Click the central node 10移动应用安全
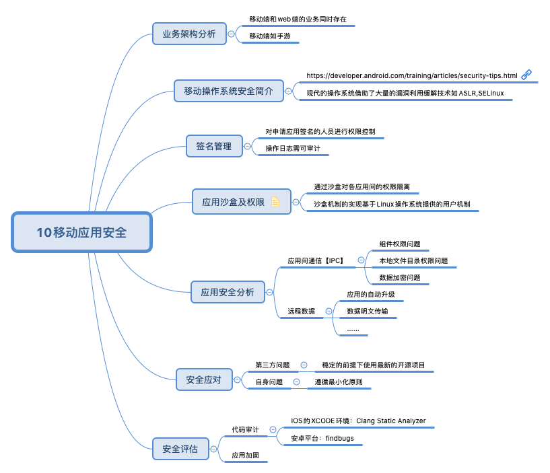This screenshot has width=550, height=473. [81, 233]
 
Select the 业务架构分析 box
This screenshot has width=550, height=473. [189, 34]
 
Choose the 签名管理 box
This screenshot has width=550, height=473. [213, 146]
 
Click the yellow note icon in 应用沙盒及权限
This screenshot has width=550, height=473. [275, 202]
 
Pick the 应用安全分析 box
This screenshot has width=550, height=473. [228, 292]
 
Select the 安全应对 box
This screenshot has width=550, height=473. [203, 379]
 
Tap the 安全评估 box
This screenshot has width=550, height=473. [180, 449]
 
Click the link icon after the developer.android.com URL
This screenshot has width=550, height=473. [526, 75]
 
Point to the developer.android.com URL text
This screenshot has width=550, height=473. [411, 75]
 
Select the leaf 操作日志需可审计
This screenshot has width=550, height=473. [293, 148]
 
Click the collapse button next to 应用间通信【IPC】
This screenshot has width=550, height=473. [361, 260]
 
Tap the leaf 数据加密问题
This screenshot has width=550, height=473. [399, 277]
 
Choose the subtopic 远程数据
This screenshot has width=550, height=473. [301, 311]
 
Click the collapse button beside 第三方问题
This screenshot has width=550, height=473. [304, 365]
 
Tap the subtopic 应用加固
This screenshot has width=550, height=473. [245, 456]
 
